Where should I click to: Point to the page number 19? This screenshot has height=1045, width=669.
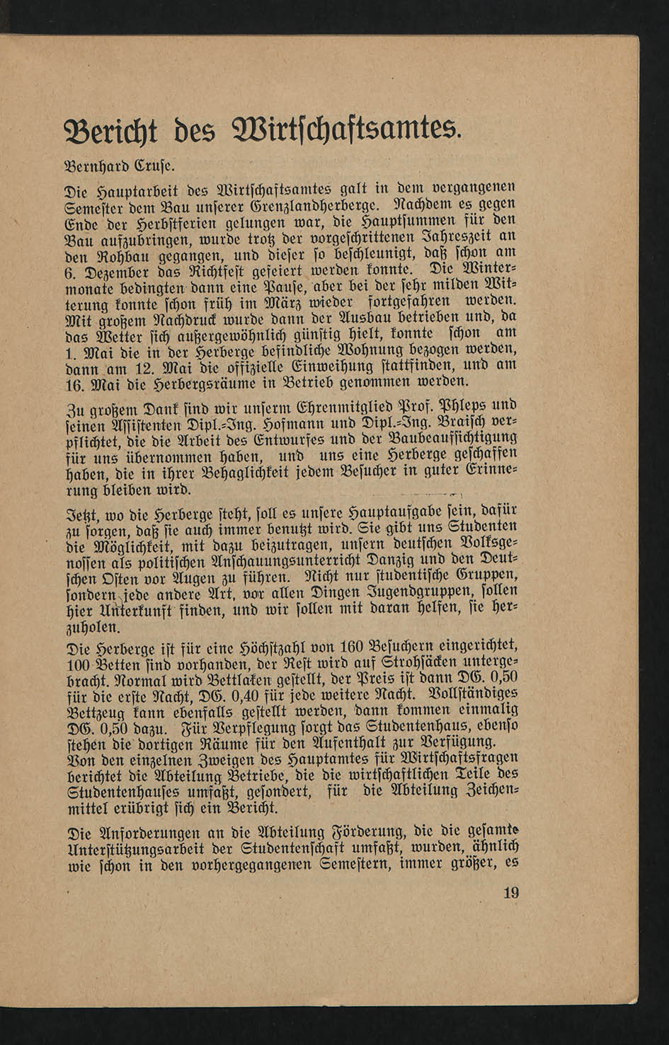(510, 893)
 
